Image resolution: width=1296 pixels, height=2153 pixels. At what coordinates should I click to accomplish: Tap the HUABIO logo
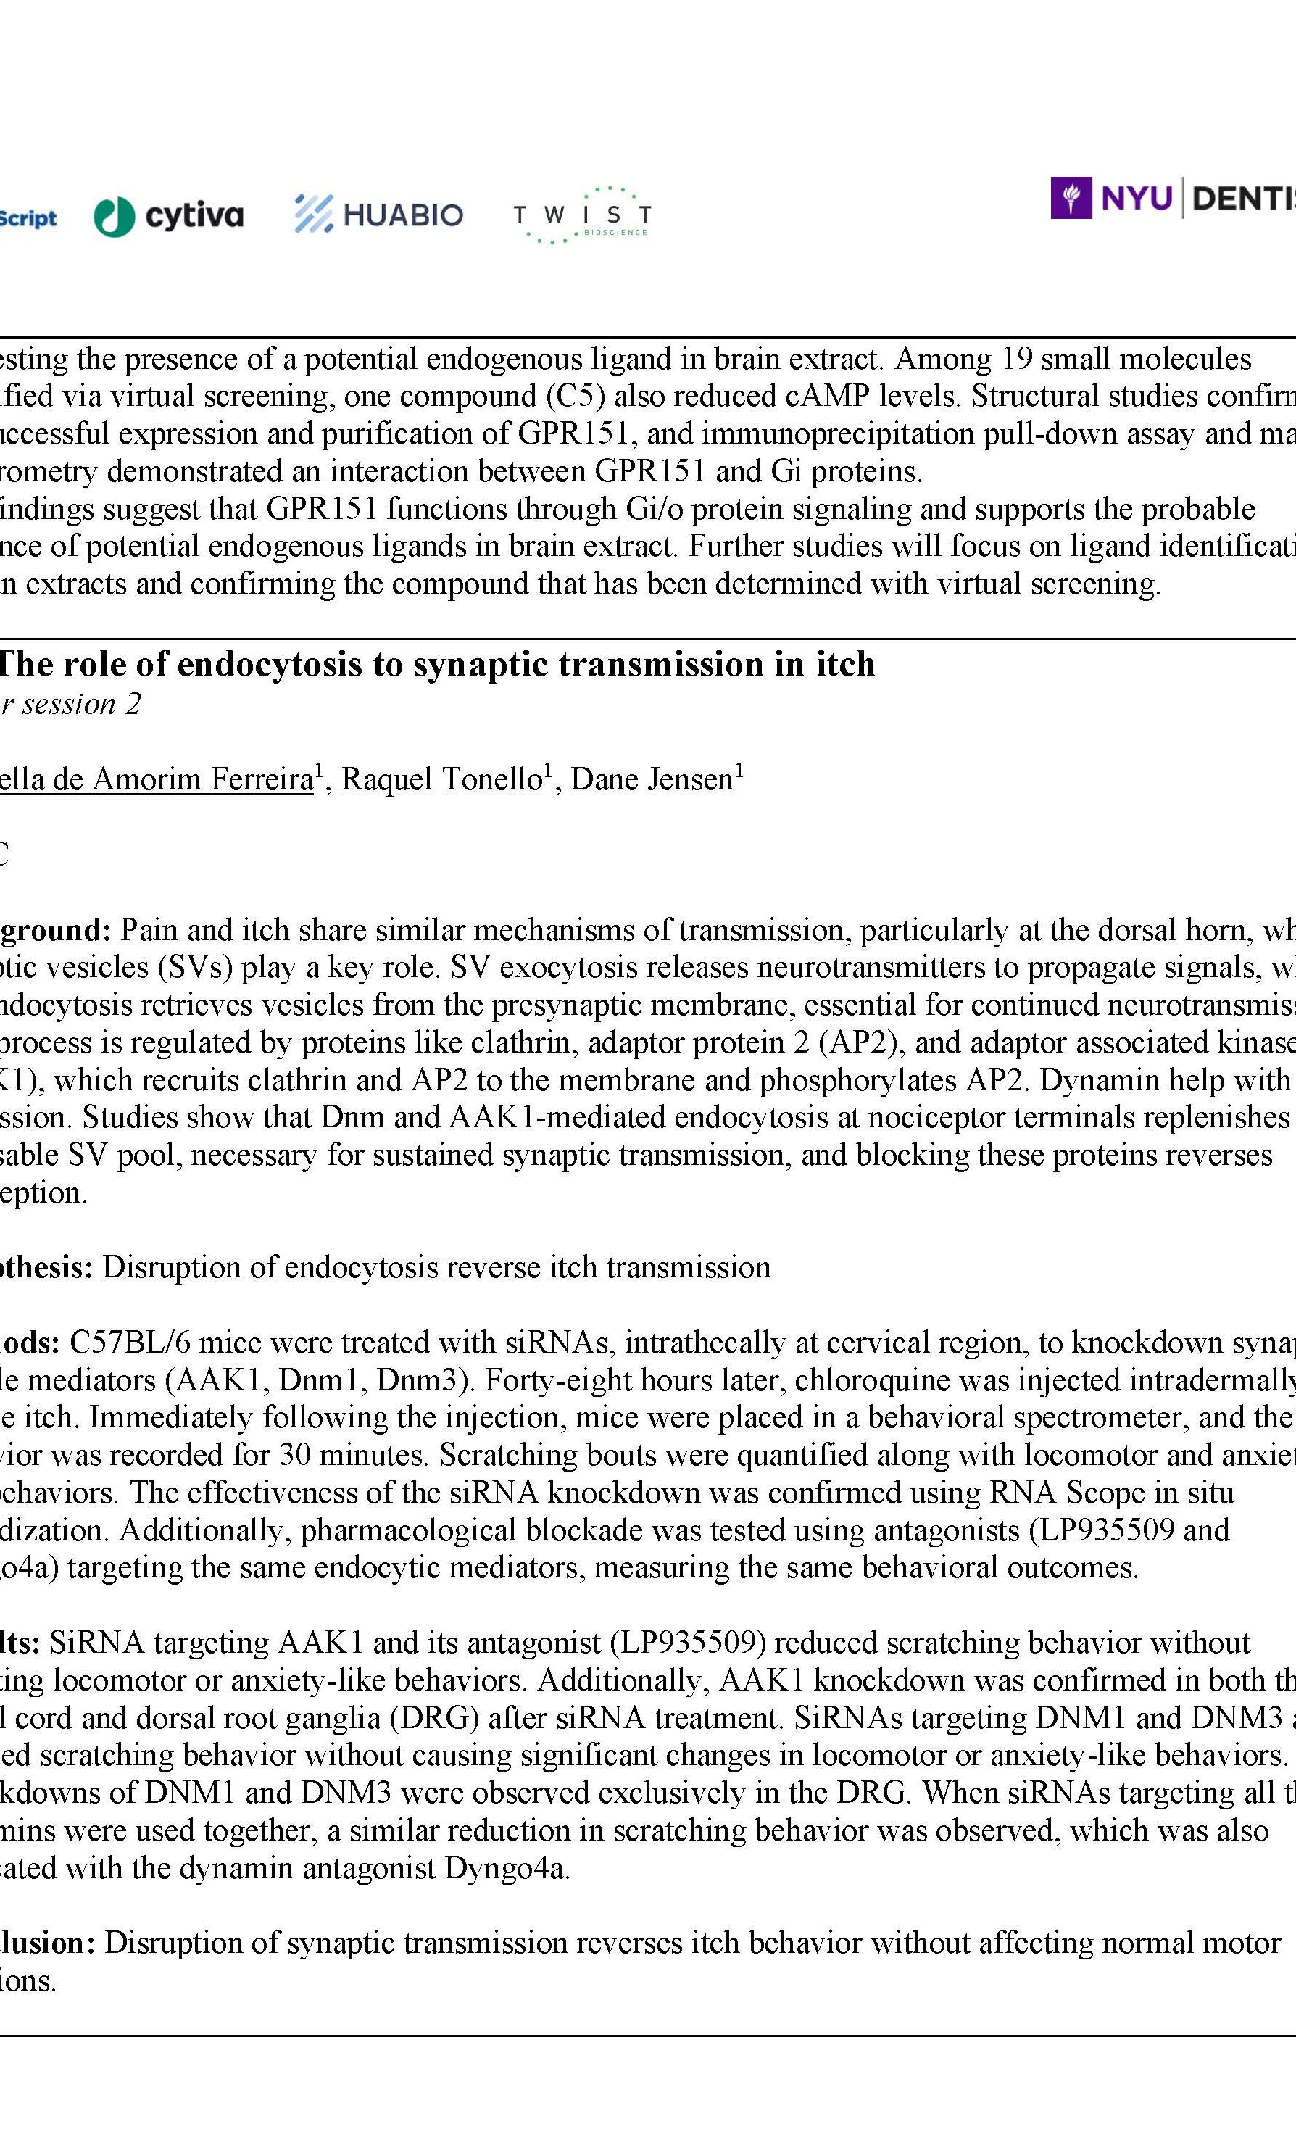click(x=378, y=214)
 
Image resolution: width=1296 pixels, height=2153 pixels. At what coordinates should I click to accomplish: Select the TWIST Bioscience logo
click(x=581, y=215)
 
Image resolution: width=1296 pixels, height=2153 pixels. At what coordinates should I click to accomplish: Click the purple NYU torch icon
click(x=1070, y=199)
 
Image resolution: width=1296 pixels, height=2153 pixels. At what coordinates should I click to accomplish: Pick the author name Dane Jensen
click(x=652, y=779)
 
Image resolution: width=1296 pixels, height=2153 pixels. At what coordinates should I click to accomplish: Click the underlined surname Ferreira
click(x=257, y=779)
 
